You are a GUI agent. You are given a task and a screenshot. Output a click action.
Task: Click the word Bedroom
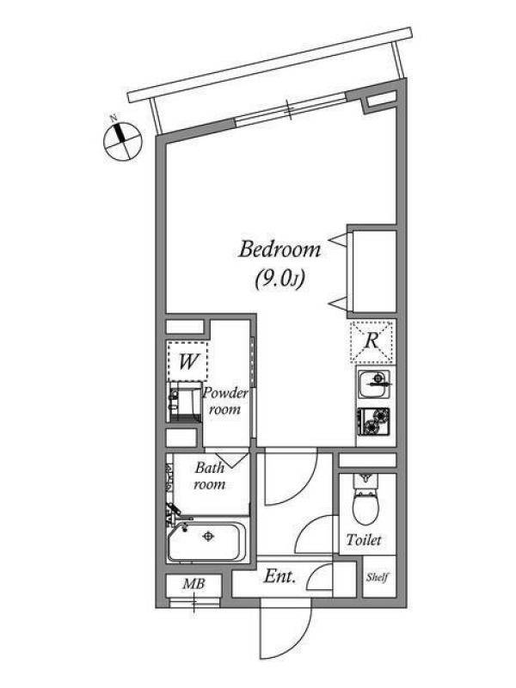279,249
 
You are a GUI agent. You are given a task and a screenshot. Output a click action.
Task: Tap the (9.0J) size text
280,279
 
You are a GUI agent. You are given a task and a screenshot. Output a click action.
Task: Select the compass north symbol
122,141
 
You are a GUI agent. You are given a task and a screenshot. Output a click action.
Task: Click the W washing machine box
187,361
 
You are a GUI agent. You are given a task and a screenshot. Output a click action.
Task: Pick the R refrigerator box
372,341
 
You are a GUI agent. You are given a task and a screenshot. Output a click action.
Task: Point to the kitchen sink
374,384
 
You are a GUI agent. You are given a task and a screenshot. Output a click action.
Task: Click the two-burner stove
374,421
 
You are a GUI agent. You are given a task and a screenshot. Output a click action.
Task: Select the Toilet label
363,540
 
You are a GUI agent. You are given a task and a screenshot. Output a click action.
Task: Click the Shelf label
378,577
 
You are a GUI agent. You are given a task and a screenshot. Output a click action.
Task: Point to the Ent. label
279,576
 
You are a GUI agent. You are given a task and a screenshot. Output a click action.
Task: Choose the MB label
194,584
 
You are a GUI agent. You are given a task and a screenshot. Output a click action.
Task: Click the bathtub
206,542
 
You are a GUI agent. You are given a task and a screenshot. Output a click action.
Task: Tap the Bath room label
210,476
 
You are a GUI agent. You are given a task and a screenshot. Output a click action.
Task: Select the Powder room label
224,401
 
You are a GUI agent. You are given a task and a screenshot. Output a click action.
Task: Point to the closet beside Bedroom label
372,272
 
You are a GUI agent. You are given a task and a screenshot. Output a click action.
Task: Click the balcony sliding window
291,109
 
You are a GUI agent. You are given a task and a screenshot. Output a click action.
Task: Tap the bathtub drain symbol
207,536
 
